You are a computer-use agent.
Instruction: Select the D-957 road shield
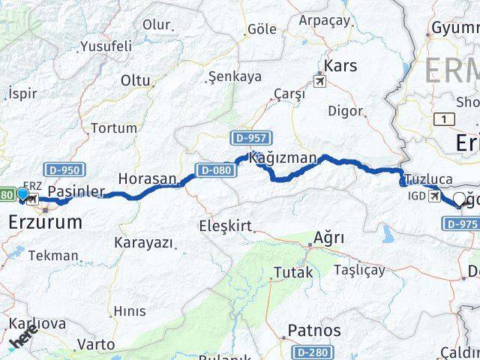[x=250, y=137]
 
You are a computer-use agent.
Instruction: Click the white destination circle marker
[x=459, y=199]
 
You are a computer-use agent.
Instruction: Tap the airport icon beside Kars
[x=322, y=80]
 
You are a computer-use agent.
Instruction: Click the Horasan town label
[x=146, y=180]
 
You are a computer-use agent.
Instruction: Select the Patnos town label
[x=313, y=331]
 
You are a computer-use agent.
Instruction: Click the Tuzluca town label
[x=430, y=179]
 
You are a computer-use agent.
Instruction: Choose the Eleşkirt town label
[x=225, y=225]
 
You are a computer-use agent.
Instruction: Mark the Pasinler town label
[x=75, y=192]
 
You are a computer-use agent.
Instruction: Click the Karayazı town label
[x=143, y=243]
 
